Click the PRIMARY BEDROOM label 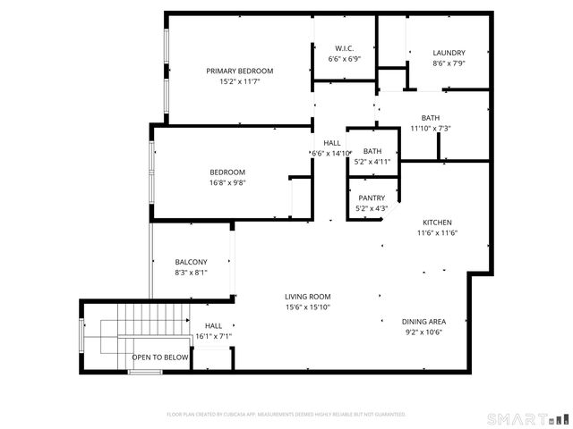coord(239,71)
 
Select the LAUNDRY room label coord(449,53)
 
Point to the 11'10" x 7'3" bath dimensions coord(431,129)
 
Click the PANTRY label coord(372,198)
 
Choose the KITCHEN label coord(437,223)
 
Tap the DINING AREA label coord(424,322)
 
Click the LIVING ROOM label coord(308,297)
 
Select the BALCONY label coord(191,262)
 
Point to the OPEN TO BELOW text coord(160,357)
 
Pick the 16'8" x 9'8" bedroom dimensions coord(227,183)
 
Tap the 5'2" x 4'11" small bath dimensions coord(372,162)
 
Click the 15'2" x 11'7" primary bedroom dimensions coord(239,81)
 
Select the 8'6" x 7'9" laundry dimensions coord(449,63)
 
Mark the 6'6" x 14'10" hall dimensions coord(331,154)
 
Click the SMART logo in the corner coord(526,418)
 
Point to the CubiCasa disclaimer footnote coord(286,415)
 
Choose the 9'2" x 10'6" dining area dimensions coord(424,332)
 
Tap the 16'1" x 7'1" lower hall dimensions coord(213,337)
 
